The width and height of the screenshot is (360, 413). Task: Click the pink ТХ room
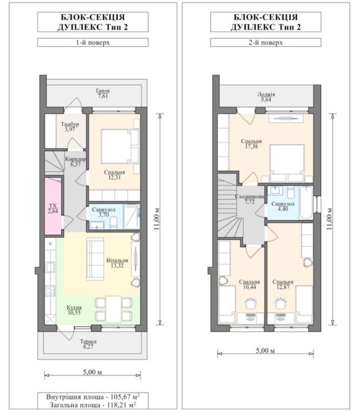(53, 206)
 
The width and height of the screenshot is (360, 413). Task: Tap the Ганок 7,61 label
(103, 93)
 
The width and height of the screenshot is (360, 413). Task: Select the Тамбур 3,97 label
(70, 127)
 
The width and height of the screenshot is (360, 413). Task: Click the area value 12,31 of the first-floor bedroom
(114, 178)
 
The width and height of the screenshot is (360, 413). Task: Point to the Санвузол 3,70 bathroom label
(104, 212)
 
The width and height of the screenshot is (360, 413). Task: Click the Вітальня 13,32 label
(117, 263)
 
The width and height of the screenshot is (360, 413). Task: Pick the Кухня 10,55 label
(74, 310)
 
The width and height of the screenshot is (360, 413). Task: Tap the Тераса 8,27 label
(88, 344)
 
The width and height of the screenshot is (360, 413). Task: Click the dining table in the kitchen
(113, 309)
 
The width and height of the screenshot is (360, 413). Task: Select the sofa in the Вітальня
(95, 259)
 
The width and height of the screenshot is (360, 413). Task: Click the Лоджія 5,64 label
(266, 97)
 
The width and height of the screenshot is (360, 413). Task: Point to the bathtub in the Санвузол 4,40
(306, 203)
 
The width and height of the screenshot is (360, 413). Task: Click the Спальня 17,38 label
(252, 144)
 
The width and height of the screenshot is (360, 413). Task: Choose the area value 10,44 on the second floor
(250, 287)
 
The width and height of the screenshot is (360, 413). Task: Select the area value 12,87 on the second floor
(283, 287)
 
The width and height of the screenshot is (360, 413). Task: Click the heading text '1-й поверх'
(92, 43)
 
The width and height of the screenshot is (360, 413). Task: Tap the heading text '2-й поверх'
(266, 43)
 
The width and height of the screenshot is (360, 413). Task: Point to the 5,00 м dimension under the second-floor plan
(266, 351)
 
